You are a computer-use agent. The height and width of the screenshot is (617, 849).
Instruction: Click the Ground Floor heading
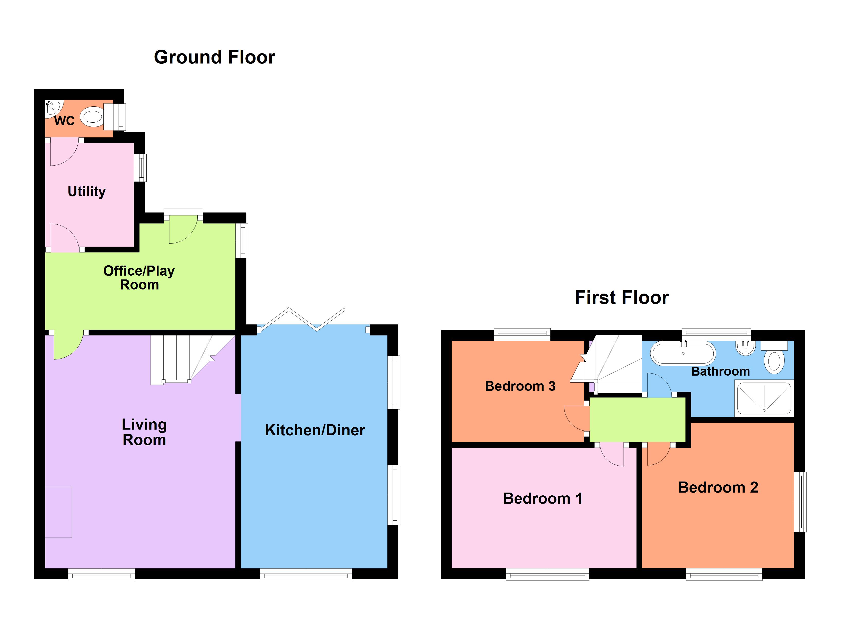tap(215, 57)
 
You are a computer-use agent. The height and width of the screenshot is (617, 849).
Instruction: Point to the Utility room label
tap(86, 191)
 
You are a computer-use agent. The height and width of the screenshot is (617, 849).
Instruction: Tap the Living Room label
tap(144, 432)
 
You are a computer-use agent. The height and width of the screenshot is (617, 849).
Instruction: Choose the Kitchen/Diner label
tap(315, 430)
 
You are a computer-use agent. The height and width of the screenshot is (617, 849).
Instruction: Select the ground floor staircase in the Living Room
tap(187, 359)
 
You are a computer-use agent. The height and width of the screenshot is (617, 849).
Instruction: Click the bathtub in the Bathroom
tap(683, 353)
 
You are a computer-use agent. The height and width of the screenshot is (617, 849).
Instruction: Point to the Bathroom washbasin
tap(745, 348)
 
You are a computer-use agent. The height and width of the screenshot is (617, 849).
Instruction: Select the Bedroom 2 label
tap(718, 487)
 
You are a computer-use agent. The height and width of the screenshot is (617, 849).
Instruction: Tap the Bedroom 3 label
tap(520, 386)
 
